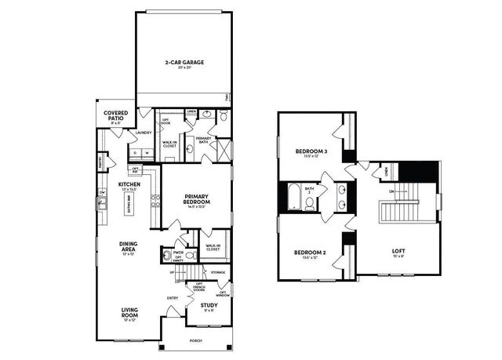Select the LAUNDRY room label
point(143,133)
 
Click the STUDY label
point(209,305)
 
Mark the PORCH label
point(195,341)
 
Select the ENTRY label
point(172,297)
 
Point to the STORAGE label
point(218,272)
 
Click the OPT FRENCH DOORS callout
point(199,286)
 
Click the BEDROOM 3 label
point(311,152)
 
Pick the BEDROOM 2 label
point(310,253)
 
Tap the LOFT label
point(398,253)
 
